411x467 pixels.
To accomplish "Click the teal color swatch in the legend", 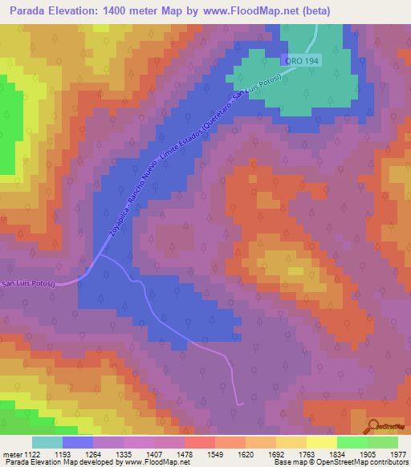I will coord(47,442).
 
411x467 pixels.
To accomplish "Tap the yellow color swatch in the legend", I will coord(322,442).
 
